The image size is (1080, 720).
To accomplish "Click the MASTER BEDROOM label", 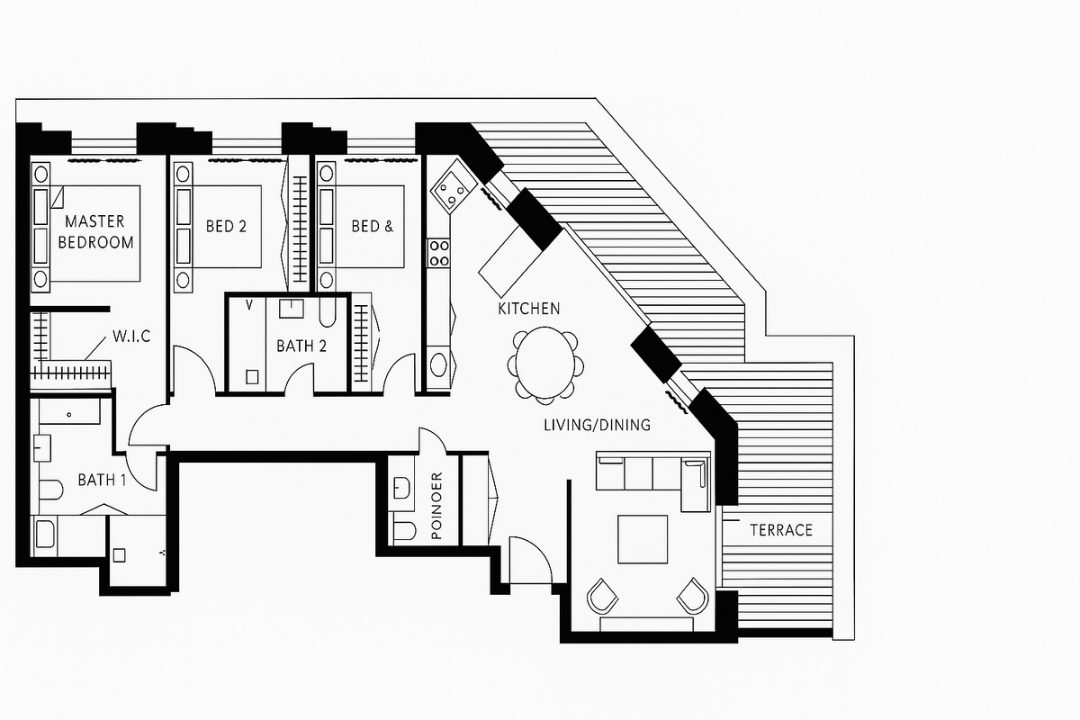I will (x=99, y=231).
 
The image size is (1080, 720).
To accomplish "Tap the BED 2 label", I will (x=226, y=226).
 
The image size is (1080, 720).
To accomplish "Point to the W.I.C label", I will (x=131, y=337).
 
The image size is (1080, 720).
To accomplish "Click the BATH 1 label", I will (x=101, y=480).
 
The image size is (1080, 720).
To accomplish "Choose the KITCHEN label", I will (x=529, y=309).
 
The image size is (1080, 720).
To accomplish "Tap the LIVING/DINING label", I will (x=596, y=425).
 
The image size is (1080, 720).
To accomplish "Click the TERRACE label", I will (x=781, y=530).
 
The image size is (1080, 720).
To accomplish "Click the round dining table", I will (x=544, y=363).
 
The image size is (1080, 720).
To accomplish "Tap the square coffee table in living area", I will (x=642, y=539).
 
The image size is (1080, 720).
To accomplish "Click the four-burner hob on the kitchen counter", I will (x=438, y=251).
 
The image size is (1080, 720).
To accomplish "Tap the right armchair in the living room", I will (x=691, y=595).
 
